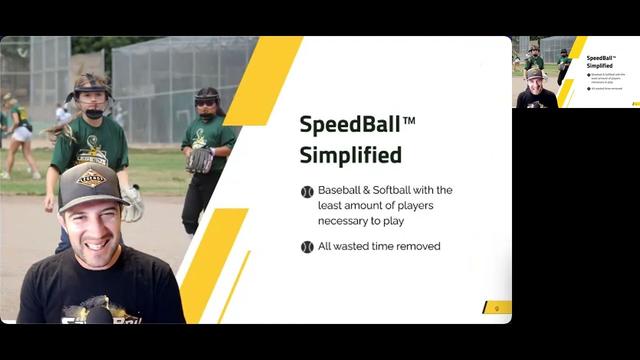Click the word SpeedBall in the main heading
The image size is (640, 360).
(x=349, y=124)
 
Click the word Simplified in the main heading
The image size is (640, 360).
(x=350, y=155)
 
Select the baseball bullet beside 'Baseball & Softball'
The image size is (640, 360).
(x=307, y=191)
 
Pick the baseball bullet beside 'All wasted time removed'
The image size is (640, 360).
(x=307, y=247)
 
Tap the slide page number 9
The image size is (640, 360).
(x=496, y=308)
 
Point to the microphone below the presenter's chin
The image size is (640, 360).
(x=98, y=315)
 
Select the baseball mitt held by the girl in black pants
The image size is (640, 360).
(x=199, y=160)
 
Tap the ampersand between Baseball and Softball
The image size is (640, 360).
(x=366, y=190)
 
